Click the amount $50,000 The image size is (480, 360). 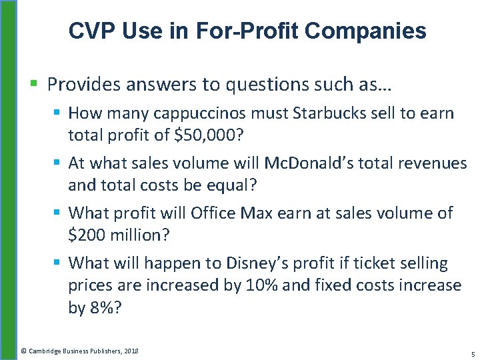205,136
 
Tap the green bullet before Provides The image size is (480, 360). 34,85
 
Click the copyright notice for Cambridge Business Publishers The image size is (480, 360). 79,350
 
